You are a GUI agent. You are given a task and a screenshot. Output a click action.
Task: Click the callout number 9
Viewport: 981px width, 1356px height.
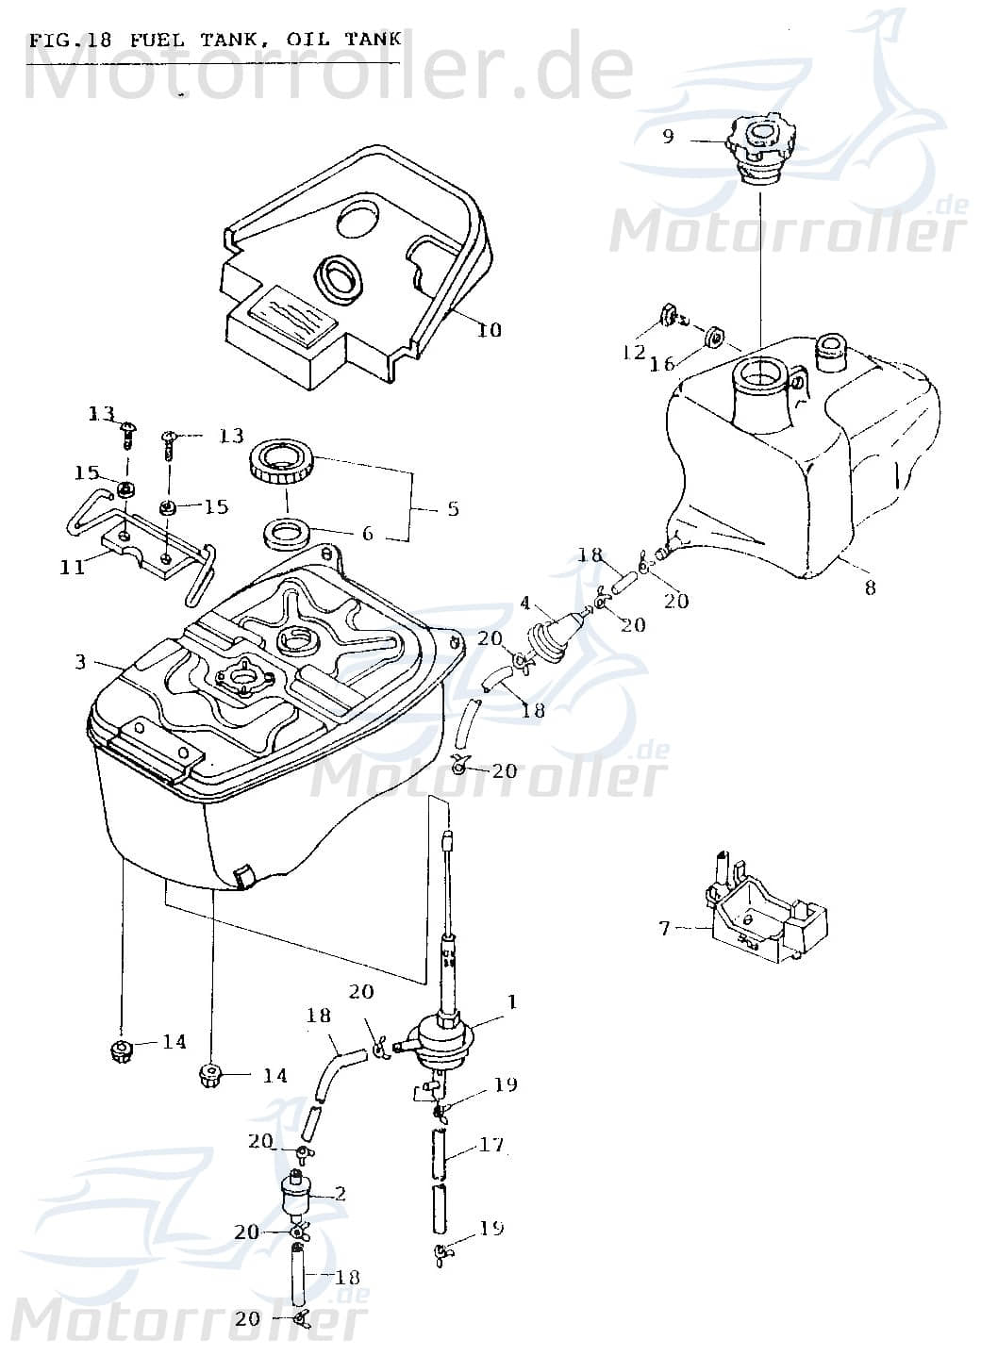pos(668,137)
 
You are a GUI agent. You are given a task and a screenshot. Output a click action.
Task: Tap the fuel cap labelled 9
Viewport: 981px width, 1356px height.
pos(762,151)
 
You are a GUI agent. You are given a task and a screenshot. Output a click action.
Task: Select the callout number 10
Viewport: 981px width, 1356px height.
pos(490,330)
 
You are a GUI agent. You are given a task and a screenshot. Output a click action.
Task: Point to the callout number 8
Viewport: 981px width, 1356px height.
pos(870,587)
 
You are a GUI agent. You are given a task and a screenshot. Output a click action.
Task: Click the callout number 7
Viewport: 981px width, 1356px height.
pos(664,929)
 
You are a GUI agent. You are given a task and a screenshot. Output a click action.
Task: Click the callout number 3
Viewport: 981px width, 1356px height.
pos(80,663)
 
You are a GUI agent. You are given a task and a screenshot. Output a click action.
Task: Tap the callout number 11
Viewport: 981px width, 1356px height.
pos(73,567)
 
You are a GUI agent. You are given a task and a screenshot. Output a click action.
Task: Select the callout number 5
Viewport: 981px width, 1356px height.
pos(453,509)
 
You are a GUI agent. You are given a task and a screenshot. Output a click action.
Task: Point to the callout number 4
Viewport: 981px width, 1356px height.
pos(525,602)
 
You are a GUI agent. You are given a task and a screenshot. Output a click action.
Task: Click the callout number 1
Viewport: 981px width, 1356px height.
pos(512,1001)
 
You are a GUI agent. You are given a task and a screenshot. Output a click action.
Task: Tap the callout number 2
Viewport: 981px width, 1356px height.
pos(341,1194)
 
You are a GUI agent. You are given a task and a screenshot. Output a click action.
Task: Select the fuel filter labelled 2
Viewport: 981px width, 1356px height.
pos(299,1194)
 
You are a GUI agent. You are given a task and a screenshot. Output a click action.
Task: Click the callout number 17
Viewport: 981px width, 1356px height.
pos(491,1145)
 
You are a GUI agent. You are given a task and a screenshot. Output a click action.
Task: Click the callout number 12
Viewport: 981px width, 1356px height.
pos(633,353)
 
